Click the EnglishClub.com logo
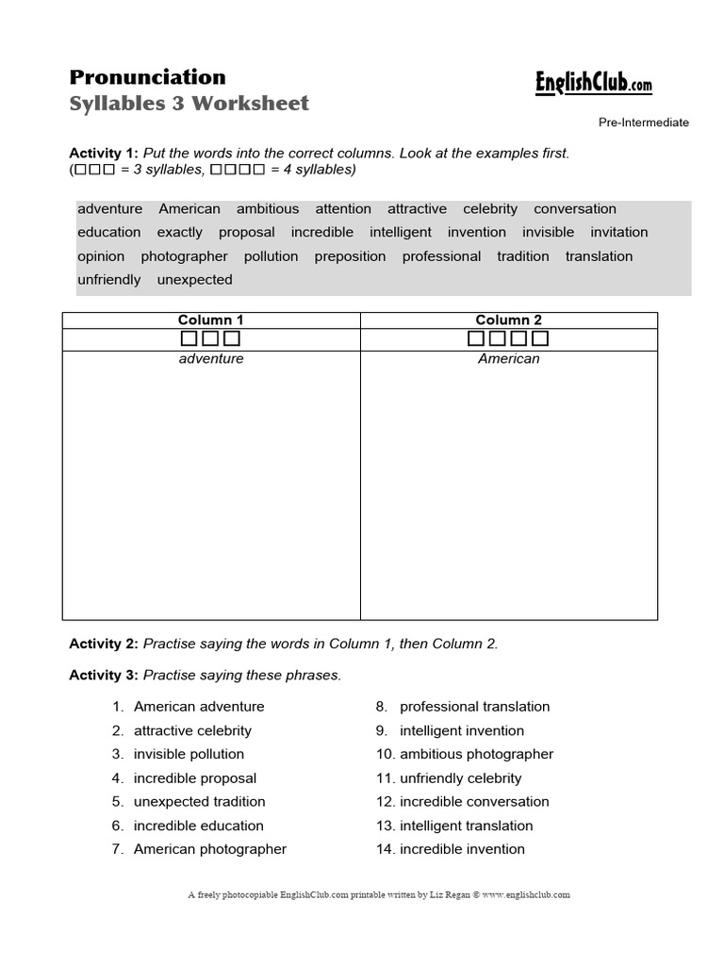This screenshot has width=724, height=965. (593, 85)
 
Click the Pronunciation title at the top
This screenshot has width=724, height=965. (148, 77)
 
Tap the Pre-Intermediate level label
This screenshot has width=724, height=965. (643, 123)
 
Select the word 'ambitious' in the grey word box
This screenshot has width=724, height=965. (268, 209)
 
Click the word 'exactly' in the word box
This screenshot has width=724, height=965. (180, 233)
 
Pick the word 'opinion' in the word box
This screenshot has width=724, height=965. (101, 256)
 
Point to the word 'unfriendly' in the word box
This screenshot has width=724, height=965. (109, 280)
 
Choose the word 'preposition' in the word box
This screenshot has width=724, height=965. (350, 256)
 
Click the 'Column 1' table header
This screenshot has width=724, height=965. (211, 320)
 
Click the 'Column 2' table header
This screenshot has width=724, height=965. (509, 320)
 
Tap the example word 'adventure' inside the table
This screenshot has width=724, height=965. (211, 359)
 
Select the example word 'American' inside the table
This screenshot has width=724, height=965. (509, 359)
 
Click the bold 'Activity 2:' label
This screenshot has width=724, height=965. (104, 645)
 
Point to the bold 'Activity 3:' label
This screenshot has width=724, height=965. (104, 676)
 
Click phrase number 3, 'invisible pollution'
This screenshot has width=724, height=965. (189, 754)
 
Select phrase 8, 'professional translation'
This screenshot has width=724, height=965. (474, 707)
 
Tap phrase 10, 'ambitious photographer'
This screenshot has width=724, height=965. (476, 754)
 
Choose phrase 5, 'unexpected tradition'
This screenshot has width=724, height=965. (200, 802)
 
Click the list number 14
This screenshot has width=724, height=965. (385, 849)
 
